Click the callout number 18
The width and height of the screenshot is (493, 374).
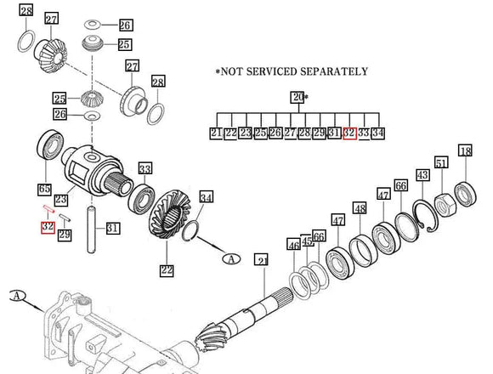464,151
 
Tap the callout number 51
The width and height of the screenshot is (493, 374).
441,163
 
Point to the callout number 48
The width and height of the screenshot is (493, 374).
360,208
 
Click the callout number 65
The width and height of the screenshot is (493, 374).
43,189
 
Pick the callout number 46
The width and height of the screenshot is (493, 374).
293,245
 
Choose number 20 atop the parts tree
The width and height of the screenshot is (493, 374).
297,98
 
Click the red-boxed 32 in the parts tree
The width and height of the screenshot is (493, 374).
348,133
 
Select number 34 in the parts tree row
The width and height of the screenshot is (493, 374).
378,133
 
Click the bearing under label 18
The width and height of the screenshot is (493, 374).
466,191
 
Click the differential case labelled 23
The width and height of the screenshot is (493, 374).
93,170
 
